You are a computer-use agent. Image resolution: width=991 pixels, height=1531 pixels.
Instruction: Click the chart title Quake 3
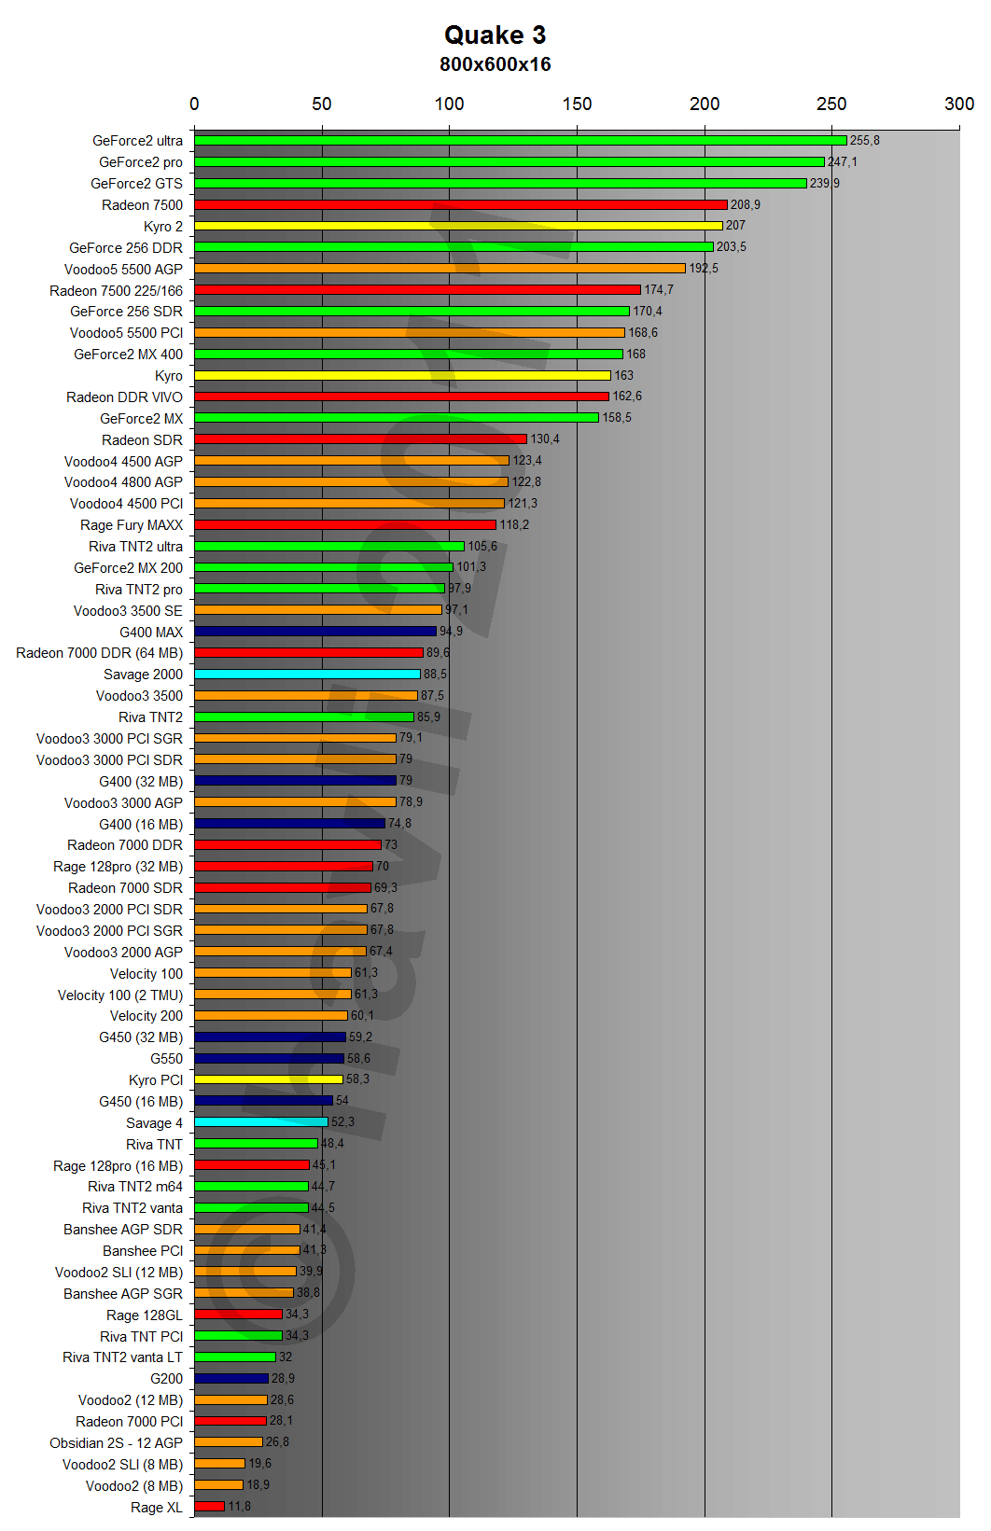pyautogui.click(x=495, y=35)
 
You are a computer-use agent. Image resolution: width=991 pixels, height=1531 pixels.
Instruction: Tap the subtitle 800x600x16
pyautogui.click(x=495, y=64)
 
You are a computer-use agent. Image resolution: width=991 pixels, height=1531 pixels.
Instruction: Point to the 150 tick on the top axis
pyautogui.click(x=577, y=104)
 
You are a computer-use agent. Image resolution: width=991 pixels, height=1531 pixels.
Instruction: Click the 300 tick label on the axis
pyautogui.click(x=958, y=104)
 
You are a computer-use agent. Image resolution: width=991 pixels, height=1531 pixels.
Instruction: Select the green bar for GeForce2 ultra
pyautogui.click(x=520, y=141)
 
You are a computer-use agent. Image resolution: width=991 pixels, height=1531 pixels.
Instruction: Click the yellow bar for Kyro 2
pyautogui.click(x=458, y=226)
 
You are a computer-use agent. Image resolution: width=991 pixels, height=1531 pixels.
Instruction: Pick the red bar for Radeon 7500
pyautogui.click(x=460, y=204)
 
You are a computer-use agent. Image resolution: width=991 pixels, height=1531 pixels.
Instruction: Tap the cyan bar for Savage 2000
pyautogui.click(x=307, y=674)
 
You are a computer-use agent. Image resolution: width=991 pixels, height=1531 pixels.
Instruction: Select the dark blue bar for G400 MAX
pyautogui.click(x=315, y=632)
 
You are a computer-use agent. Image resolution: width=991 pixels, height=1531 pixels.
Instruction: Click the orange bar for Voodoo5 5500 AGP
pyautogui.click(x=440, y=269)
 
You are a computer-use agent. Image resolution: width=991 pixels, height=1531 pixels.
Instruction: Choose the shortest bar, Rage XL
pyautogui.click(x=210, y=1506)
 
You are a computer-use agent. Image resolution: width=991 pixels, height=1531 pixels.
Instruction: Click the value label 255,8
pyautogui.click(x=864, y=141)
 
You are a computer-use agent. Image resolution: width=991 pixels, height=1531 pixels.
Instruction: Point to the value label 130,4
pyautogui.click(x=545, y=439)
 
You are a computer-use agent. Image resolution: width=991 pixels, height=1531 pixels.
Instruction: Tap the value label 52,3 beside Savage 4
pyautogui.click(x=342, y=1122)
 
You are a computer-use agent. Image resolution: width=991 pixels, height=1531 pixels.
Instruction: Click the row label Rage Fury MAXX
pyautogui.click(x=132, y=525)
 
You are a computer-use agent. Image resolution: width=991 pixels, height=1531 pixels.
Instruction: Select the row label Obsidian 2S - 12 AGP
pyautogui.click(x=117, y=1442)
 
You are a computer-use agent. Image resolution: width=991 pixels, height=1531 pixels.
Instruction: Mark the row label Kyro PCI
pyautogui.click(x=156, y=1080)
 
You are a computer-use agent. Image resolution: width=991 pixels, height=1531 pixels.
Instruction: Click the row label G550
pyautogui.click(x=167, y=1059)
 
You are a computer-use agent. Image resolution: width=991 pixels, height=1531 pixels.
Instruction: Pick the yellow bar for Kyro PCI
pyautogui.click(x=269, y=1079)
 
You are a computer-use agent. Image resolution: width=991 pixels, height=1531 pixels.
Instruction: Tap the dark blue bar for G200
pyautogui.click(x=231, y=1378)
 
